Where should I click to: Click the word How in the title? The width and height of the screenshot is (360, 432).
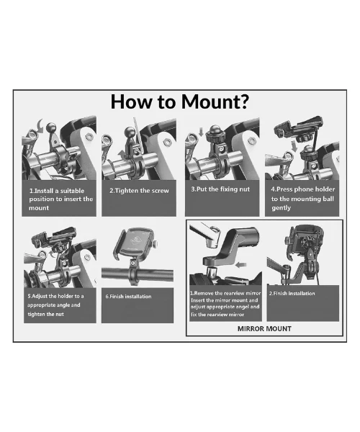[132, 102]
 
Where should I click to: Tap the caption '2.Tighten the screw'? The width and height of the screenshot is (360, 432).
[139, 191]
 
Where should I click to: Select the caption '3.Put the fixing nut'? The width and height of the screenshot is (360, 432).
[220, 189]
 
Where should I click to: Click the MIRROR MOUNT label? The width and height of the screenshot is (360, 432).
[264, 329]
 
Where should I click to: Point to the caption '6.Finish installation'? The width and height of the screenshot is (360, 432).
[129, 297]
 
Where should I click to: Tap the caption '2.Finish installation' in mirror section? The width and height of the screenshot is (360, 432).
[292, 294]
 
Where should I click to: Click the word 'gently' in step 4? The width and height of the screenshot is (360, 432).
[281, 208]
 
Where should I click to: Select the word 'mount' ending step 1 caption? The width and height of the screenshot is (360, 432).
[39, 208]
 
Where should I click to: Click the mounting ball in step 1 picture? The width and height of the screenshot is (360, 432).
[51, 127]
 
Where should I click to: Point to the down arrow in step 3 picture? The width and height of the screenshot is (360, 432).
[201, 132]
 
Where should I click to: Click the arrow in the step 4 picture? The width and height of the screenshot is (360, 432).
[294, 146]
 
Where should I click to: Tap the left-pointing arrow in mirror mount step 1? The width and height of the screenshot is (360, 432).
[241, 265]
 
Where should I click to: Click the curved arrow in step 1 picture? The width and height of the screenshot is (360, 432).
[40, 126]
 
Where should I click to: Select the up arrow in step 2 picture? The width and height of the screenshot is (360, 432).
[122, 154]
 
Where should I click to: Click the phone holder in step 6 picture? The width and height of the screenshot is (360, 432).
[135, 243]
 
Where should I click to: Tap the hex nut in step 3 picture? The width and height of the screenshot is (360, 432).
[252, 140]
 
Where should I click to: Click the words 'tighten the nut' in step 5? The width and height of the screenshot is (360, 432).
[46, 314]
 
